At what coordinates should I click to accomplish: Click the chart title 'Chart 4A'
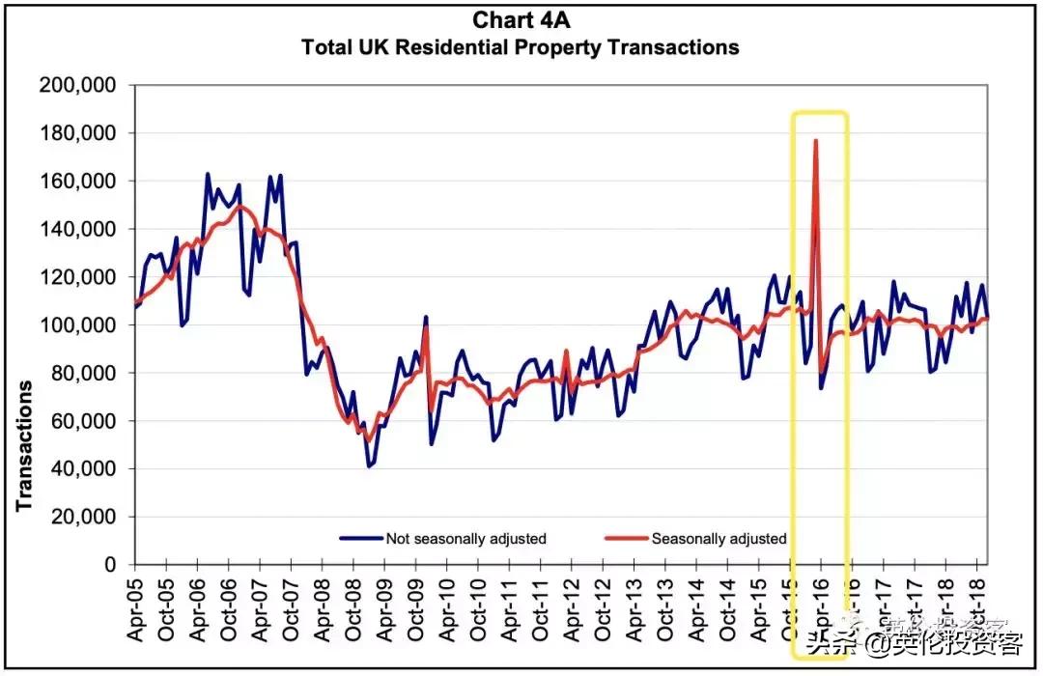point(521,20)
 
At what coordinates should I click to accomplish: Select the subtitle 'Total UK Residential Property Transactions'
point(521,46)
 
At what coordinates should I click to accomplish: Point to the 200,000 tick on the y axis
point(77,86)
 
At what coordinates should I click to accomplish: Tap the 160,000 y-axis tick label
point(77,182)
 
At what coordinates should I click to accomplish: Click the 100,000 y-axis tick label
point(77,325)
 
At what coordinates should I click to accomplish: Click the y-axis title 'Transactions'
point(24,444)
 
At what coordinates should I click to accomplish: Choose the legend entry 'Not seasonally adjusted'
point(465,539)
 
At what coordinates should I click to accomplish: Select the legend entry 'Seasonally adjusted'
point(719,539)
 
